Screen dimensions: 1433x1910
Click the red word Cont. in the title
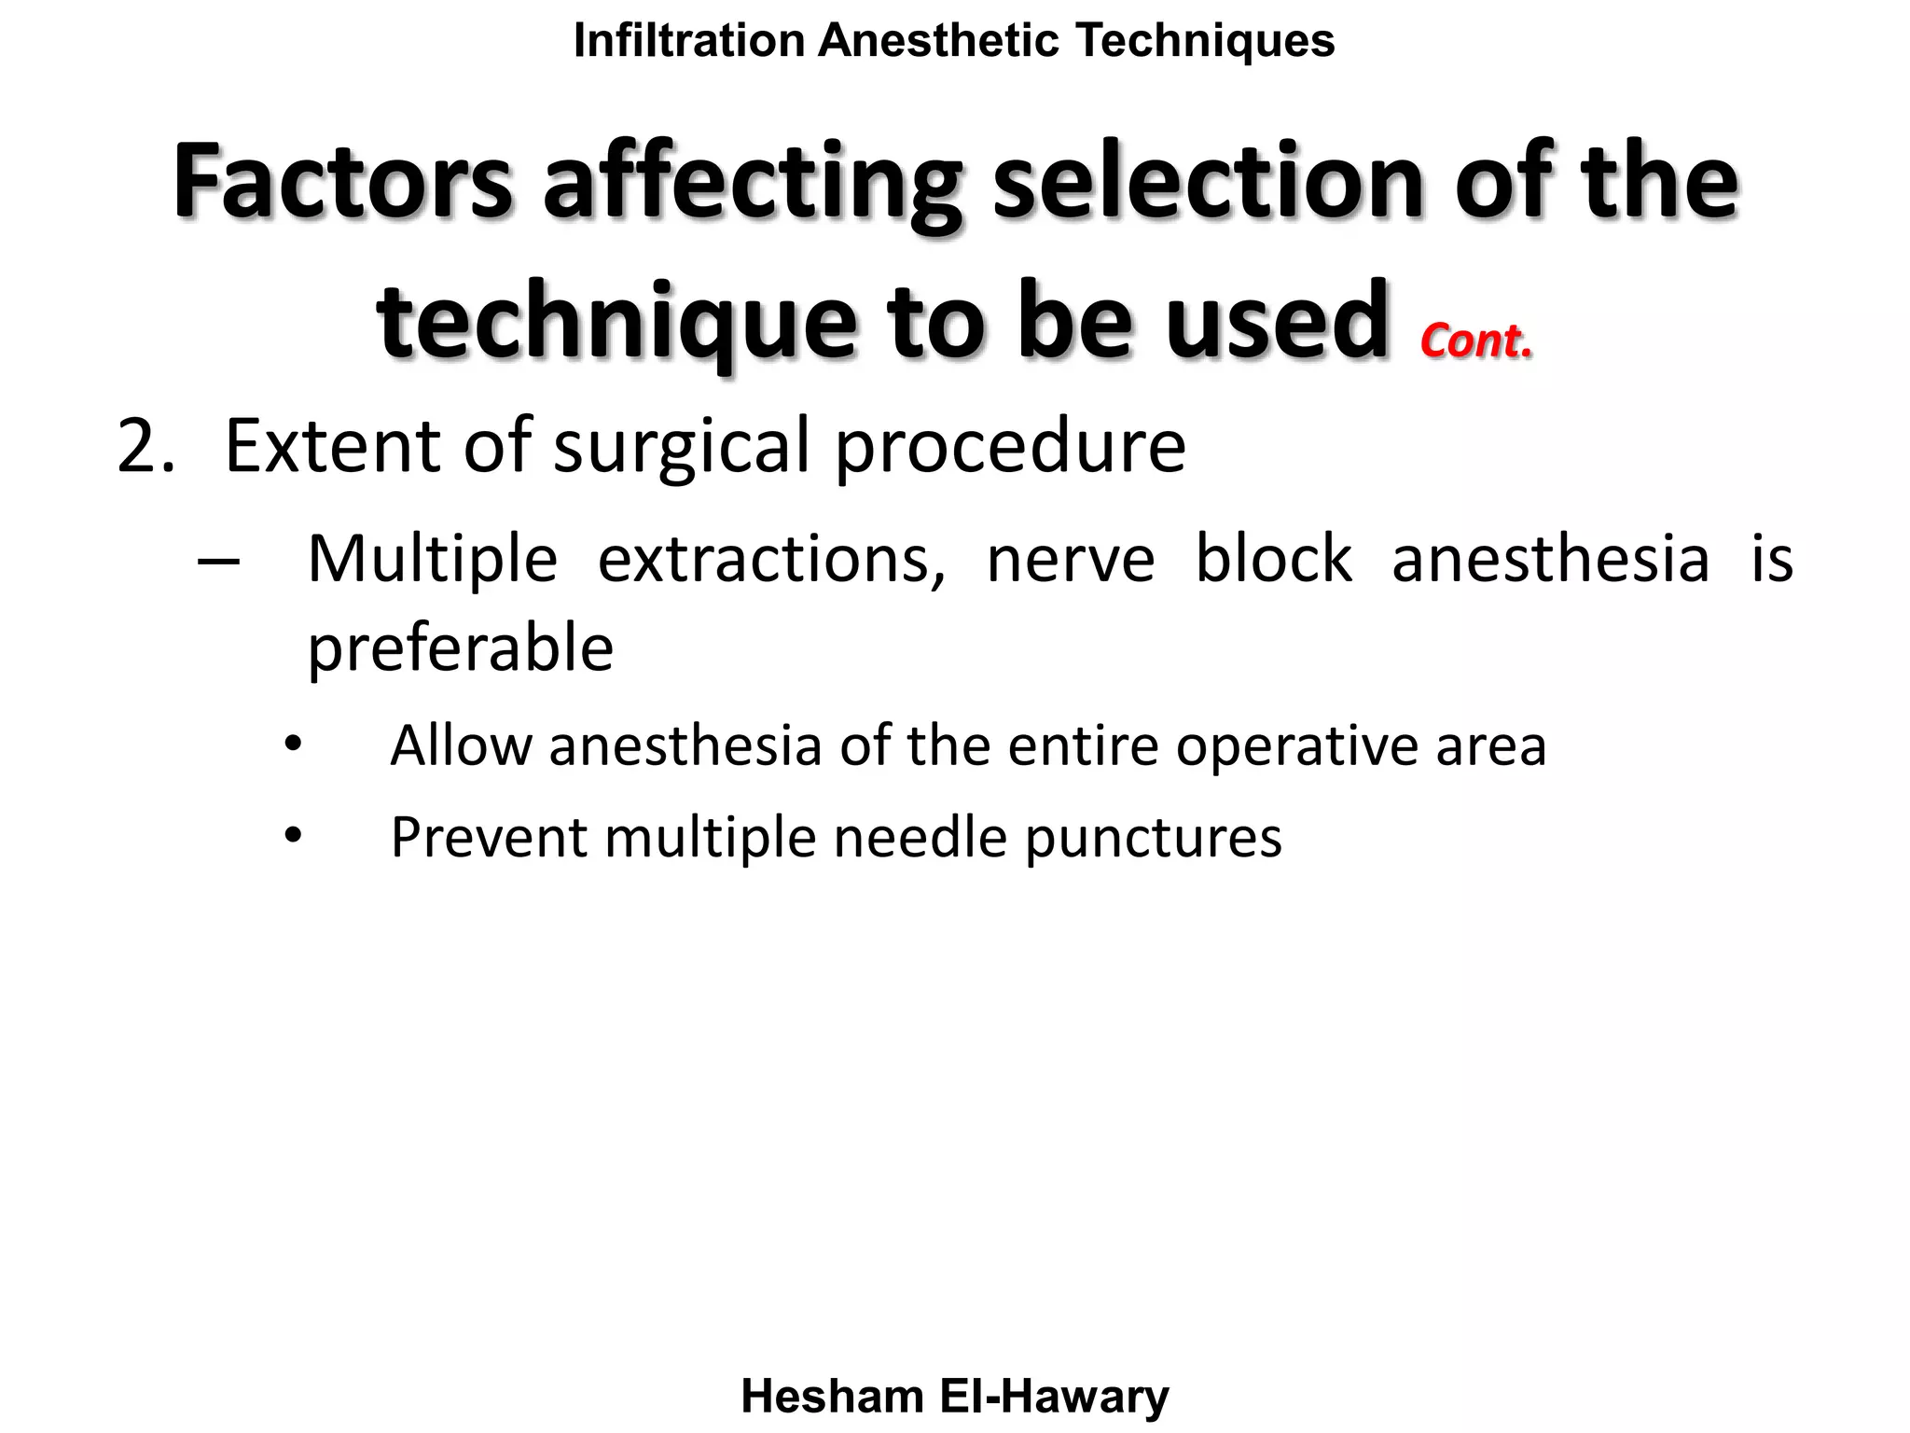[x=1476, y=341]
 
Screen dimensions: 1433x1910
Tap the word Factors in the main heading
[x=342, y=181]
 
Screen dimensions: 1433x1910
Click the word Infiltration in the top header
[x=689, y=41]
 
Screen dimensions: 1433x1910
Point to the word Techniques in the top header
[x=1205, y=41]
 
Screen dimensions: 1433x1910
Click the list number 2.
[x=145, y=448]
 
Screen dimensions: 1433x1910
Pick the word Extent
[x=334, y=446]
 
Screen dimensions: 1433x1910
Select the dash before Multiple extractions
[x=219, y=562]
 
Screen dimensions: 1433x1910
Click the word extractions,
[x=770, y=560]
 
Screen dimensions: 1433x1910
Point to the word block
[x=1273, y=560]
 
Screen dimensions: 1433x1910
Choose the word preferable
[x=461, y=649]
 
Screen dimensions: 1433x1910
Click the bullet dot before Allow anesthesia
[x=294, y=744]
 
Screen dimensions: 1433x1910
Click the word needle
[x=920, y=837]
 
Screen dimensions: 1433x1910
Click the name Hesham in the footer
[x=832, y=1397]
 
